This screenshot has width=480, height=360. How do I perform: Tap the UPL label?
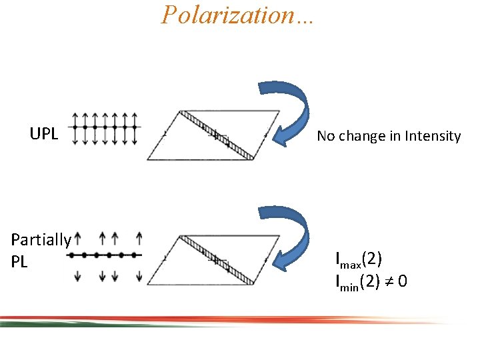pyautogui.click(x=44, y=134)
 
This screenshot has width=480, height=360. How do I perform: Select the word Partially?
pyautogui.click(x=41, y=240)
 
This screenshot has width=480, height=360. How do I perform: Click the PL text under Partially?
pyautogui.click(x=19, y=262)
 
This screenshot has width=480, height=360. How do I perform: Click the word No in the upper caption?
pyautogui.click(x=325, y=136)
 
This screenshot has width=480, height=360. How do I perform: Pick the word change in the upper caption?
pyautogui.click(x=359, y=136)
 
